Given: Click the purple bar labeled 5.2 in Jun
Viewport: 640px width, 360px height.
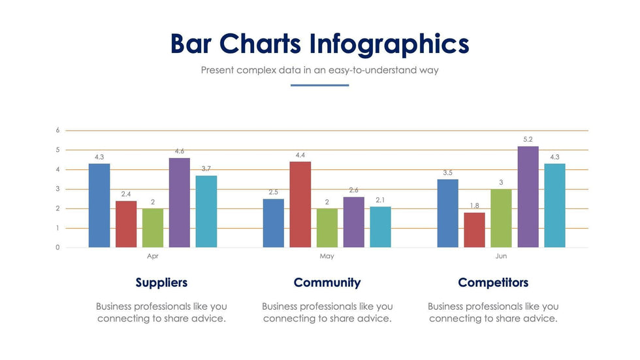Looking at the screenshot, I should [528, 197].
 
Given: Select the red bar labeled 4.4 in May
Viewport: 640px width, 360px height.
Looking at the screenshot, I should [300, 205].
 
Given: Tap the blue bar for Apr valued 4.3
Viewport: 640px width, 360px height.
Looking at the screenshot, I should [99, 205].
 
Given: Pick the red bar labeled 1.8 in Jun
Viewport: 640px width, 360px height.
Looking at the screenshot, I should [475, 230].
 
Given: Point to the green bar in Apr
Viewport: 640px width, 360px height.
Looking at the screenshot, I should [153, 228].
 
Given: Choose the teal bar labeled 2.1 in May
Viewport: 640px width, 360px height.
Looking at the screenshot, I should [380, 227].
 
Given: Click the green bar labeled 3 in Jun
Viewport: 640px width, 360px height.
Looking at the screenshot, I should [501, 218].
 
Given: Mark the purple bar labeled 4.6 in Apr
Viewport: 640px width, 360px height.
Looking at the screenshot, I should [180, 203].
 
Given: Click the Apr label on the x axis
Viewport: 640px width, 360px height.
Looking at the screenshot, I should [153, 256].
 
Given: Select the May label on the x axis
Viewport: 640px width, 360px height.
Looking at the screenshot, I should [327, 256].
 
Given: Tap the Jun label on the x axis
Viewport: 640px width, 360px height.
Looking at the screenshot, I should [501, 256].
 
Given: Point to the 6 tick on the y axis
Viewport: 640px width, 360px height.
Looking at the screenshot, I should [57, 130].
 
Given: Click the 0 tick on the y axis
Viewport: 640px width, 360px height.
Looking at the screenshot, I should [57, 248].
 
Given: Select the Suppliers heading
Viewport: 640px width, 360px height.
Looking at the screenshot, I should [161, 283].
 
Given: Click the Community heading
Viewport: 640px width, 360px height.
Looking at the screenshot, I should [327, 283].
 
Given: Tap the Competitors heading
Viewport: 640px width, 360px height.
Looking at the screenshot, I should [493, 283].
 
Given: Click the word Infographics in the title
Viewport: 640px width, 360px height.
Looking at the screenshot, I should [389, 44].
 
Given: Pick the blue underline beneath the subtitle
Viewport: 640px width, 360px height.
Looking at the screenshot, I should [319, 85].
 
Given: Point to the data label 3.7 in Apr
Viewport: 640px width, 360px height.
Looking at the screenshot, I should [206, 169].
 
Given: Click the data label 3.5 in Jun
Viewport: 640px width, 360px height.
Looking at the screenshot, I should [447, 172].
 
